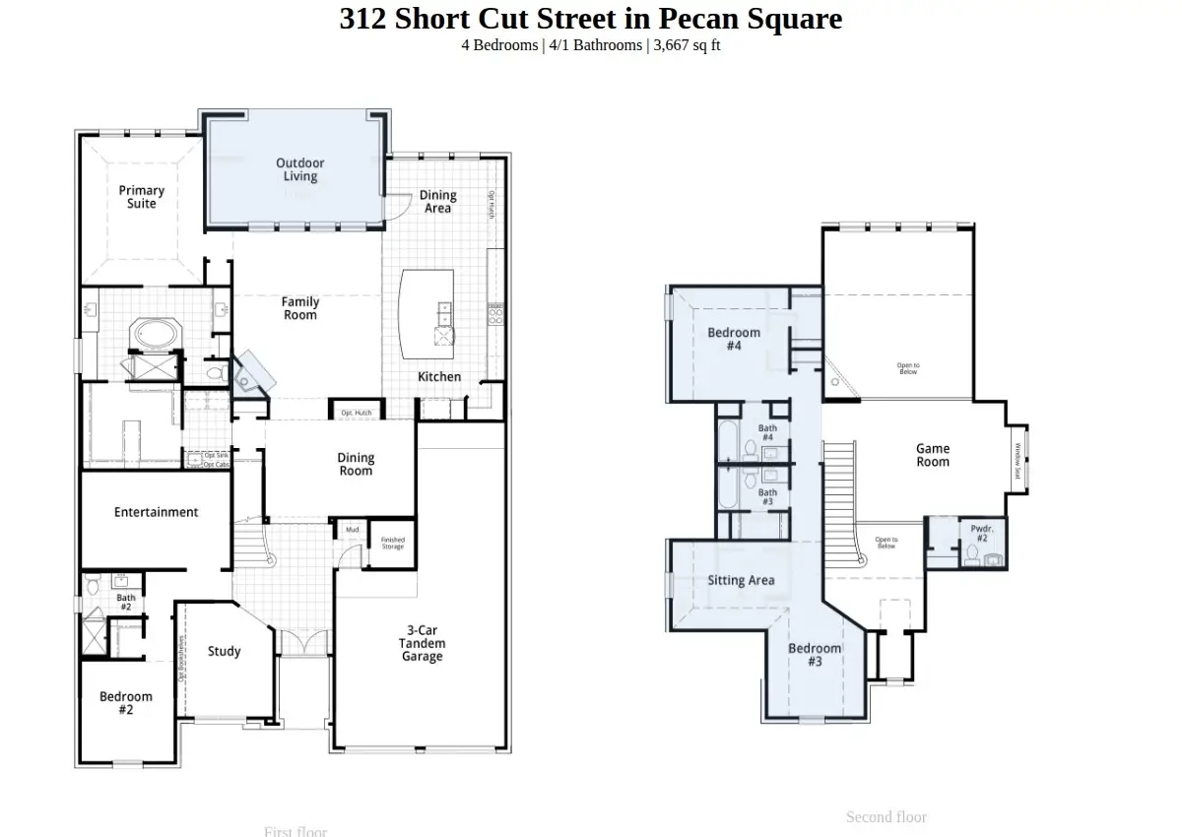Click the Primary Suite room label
tap(142, 197)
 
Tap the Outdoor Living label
tap(300, 169)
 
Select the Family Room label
tap(300, 308)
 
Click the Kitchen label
tap(439, 377)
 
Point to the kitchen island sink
tap(444, 313)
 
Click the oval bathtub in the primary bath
tap(155, 333)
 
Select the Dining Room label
tap(356, 464)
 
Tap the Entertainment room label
tap(156, 512)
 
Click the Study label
tap(224, 651)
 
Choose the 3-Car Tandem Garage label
tap(422, 643)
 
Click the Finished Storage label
tap(393, 544)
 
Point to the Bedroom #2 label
tap(126, 703)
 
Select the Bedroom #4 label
tap(734, 339)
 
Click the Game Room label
tap(933, 455)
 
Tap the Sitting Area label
tap(741, 581)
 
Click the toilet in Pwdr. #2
tap(971, 557)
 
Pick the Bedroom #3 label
tap(815, 655)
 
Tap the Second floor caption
tap(886, 816)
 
